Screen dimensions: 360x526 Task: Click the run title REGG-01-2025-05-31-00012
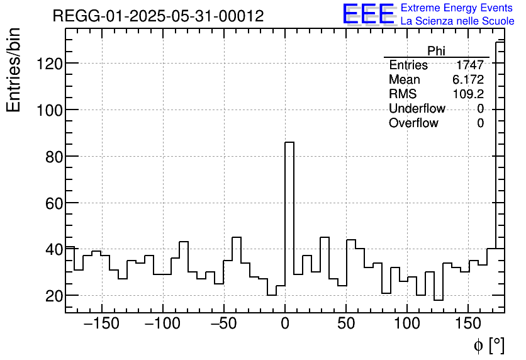[158, 16]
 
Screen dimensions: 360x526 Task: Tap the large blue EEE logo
[367, 14]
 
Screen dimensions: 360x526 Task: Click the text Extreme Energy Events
[457, 8]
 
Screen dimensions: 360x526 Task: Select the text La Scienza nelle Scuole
[457, 21]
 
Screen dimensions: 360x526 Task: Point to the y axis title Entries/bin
[14, 70]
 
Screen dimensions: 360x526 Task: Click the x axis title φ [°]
[489, 345]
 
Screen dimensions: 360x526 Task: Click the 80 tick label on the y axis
[52, 156]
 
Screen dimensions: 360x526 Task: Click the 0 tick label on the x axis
[285, 323]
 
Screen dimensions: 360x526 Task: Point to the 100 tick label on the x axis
[407, 323]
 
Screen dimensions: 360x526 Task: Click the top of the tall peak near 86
[289, 143]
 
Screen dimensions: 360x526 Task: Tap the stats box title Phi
[436, 51]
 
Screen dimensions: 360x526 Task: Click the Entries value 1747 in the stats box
[470, 65]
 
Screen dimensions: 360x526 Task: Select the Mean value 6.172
[468, 80]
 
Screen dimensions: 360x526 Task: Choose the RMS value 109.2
[468, 94]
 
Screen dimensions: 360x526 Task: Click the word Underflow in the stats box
[417, 109]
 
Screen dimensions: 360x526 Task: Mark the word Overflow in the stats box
[413, 123]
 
